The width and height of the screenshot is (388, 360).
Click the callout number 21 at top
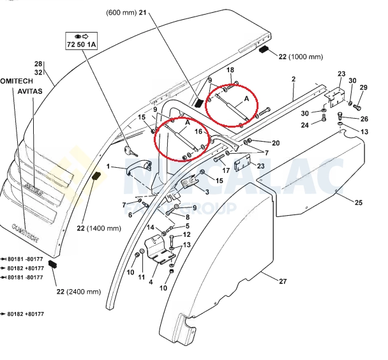[142, 13]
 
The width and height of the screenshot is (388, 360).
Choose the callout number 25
[359, 202]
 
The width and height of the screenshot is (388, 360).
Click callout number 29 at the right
[363, 87]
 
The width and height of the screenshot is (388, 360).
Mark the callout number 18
[230, 70]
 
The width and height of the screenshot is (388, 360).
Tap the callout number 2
[293, 79]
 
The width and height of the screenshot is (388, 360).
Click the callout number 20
[276, 142]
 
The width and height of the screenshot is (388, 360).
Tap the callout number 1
[108, 167]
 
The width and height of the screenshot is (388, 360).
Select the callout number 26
[364, 119]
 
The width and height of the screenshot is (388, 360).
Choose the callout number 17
[226, 170]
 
